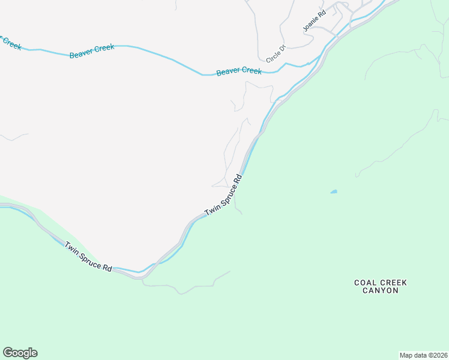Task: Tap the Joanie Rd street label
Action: point(313,20)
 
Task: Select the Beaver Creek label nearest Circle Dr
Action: point(239,71)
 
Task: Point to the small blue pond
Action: point(334,192)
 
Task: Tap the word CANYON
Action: point(380,290)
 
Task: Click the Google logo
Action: point(20,353)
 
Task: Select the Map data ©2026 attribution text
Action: point(423,355)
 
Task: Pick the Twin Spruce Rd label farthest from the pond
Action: point(89,257)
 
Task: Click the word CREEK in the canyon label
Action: point(394,282)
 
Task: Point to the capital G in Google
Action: point(8,353)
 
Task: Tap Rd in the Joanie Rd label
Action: point(321,12)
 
